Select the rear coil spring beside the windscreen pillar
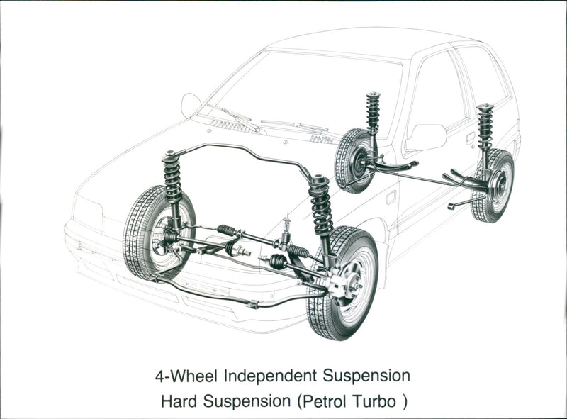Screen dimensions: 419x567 373,113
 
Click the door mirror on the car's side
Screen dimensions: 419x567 425,137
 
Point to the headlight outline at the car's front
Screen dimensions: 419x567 87,212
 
